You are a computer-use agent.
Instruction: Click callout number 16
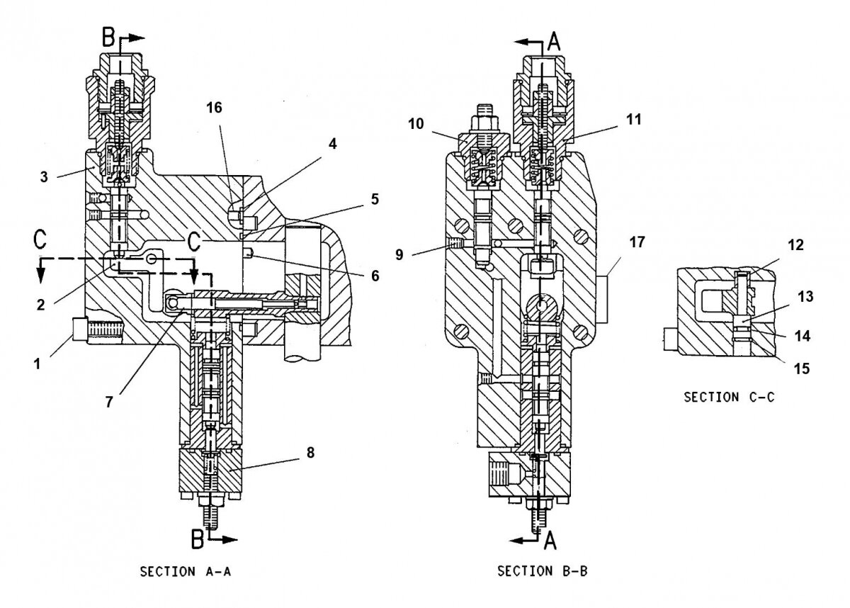[x=214, y=108]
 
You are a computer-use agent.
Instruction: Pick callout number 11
[x=633, y=120]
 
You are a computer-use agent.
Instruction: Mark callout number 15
[x=802, y=369]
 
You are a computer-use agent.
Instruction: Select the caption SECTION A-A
[x=186, y=572]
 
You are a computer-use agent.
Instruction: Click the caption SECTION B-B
[x=544, y=572]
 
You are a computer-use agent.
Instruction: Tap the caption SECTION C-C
[x=729, y=398]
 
